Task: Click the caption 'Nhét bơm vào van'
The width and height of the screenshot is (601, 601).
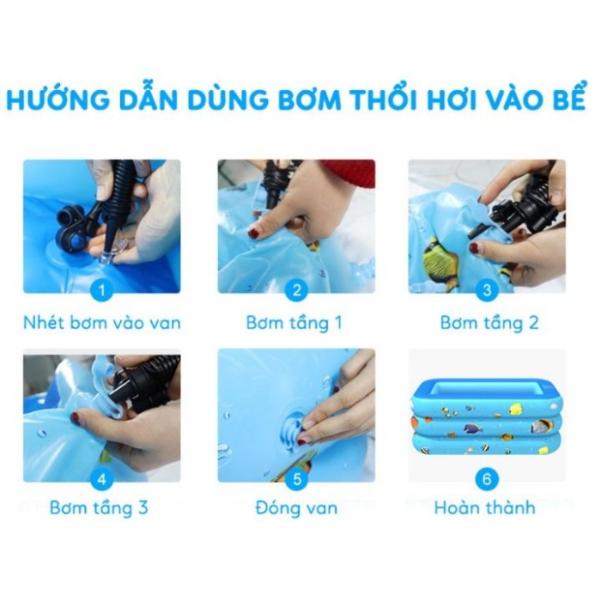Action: pyautogui.click(x=101, y=323)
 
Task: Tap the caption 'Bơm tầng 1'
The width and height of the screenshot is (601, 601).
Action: pyautogui.click(x=294, y=323)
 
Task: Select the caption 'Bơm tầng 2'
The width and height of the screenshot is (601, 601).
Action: pyautogui.click(x=489, y=323)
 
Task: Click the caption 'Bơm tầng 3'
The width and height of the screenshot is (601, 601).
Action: pyautogui.click(x=99, y=507)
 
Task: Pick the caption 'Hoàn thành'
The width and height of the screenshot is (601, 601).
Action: pyautogui.click(x=484, y=507)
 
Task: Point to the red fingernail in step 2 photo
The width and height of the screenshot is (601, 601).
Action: pyautogui.click(x=254, y=232)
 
